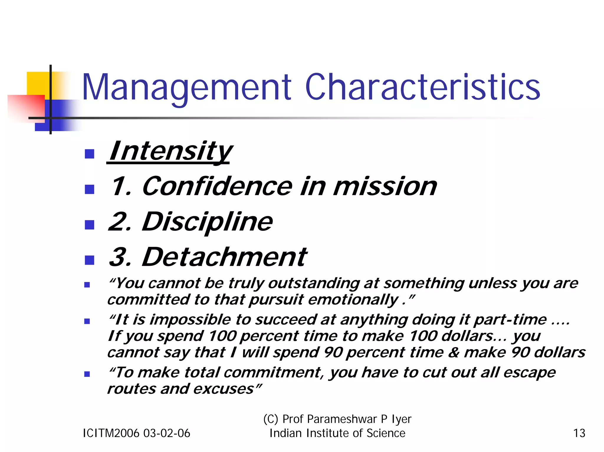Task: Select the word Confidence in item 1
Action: point(217,186)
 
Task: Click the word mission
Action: point(385,187)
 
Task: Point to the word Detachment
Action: point(224,257)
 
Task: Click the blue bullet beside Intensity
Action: point(89,154)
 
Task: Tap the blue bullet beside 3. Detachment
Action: point(89,260)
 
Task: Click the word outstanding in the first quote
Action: point(314,283)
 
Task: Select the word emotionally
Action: point(353,300)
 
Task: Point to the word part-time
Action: point(510,320)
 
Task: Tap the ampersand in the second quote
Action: point(453,352)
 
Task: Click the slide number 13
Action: point(579,433)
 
